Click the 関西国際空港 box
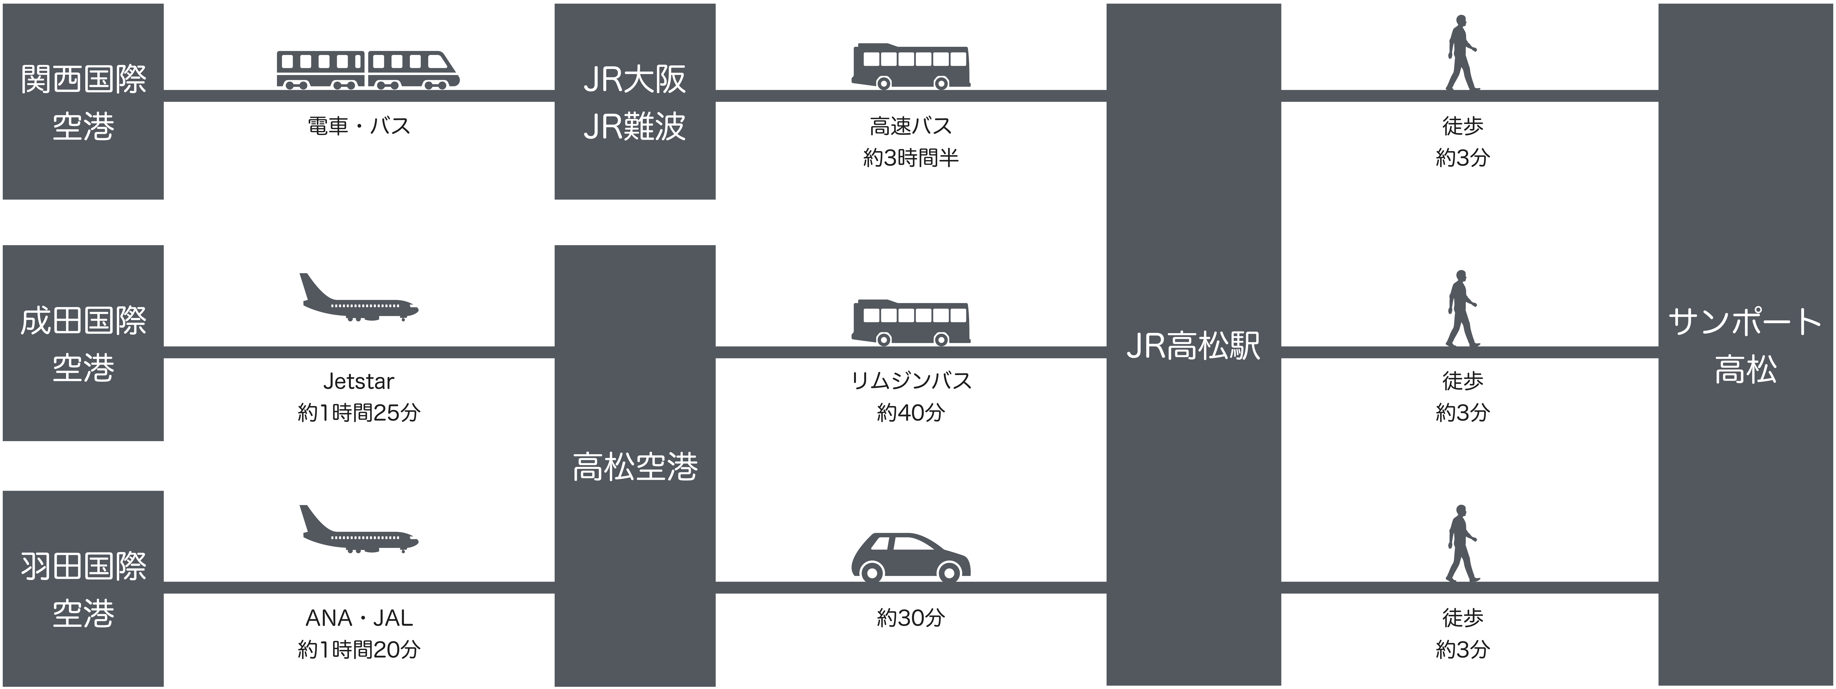click(x=83, y=101)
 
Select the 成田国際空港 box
click(x=83, y=343)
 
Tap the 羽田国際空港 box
click(x=83, y=589)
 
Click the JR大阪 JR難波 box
click(x=635, y=101)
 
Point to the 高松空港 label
click(x=635, y=467)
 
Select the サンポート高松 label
click(x=1746, y=346)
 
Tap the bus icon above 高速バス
click(x=911, y=66)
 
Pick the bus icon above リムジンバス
click(x=911, y=323)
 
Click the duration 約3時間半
click(x=911, y=158)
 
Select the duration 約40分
click(x=911, y=412)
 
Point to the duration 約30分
click(x=911, y=618)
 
